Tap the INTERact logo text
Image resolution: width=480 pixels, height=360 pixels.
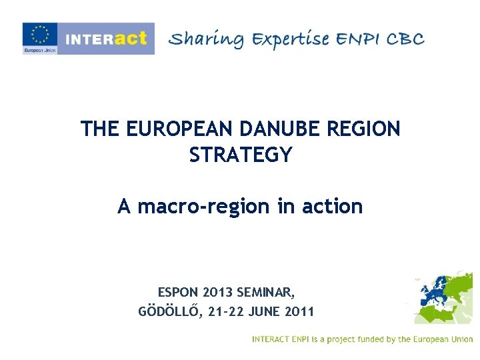click(105, 38)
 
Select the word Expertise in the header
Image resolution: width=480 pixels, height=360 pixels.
click(291, 39)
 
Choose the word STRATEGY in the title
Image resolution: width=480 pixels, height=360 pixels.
click(241, 155)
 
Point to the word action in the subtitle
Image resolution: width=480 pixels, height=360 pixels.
click(331, 207)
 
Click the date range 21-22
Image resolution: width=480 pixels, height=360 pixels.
click(222, 311)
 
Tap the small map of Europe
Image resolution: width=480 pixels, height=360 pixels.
click(443, 297)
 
